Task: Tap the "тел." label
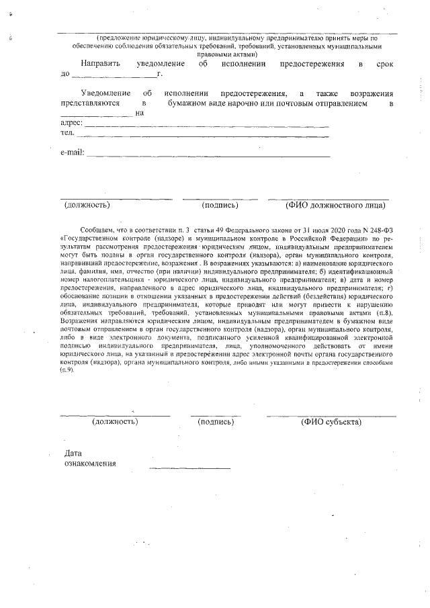pos(67,133)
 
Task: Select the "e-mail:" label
pos(73,153)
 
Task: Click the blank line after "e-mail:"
pos(208,155)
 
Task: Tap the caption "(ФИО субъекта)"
pos(332,422)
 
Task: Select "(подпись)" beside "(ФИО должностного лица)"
pos(220,204)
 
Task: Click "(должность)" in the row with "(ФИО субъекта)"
pos(115,422)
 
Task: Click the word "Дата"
pos(73,453)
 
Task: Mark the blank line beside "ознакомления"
pos(189,467)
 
